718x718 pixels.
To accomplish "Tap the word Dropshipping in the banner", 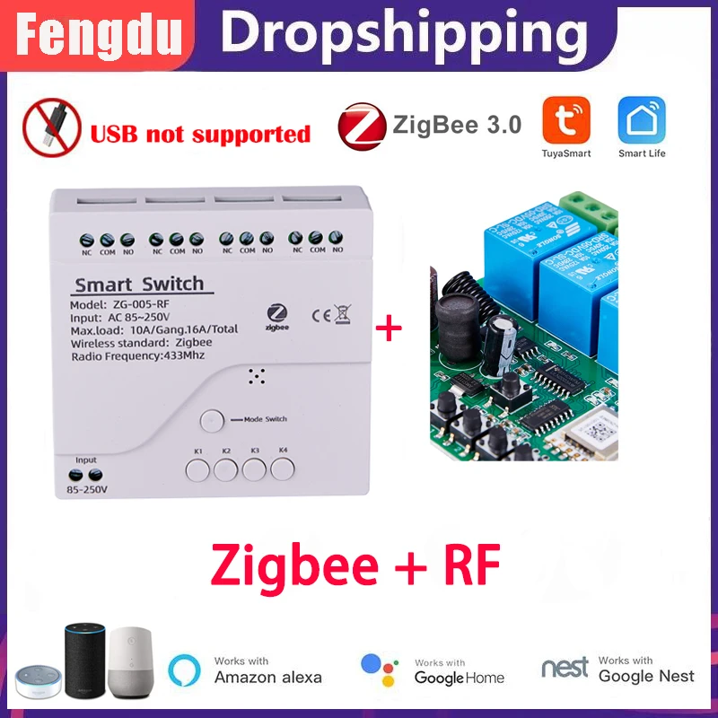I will click(398, 34).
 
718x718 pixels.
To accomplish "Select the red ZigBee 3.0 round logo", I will click(362, 125).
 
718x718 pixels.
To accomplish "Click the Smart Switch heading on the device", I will click(139, 285).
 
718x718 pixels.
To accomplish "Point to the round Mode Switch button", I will click(212, 419).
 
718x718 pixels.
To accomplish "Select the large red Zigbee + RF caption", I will click(354, 564).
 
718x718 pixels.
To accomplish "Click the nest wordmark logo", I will click(565, 669).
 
